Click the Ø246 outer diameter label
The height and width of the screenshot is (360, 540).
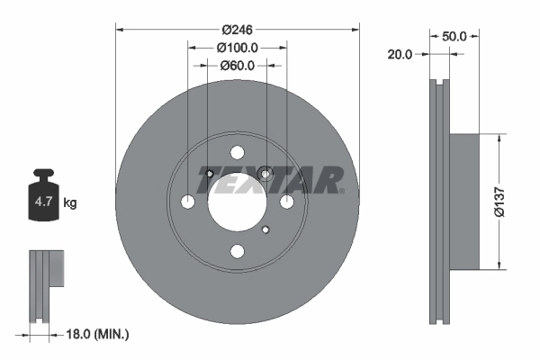pyautogui.click(x=238, y=16)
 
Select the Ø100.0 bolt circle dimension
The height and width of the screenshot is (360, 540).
pyautogui.click(x=238, y=47)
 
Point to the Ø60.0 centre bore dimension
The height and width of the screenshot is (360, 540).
pyautogui.click(x=238, y=65)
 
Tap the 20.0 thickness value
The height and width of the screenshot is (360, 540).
pyautogui.click(x=399, y=55)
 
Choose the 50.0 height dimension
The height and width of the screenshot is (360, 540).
pyautogui.click(x=454, y=37)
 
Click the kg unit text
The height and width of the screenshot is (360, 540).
pyautogui.click(x=70, y=203)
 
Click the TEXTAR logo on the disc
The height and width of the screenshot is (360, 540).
pyautogui.click(x=270, y=181)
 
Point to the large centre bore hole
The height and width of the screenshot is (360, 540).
pyautogui.click(x=237, y=202)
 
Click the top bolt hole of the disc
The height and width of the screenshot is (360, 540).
pyautogui.click(x=237, y=152)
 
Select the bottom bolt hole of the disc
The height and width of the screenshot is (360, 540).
pyautogui.click(x=237, y=251)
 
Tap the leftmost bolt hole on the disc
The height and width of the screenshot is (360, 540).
pyautogui.click(x=188, y=202)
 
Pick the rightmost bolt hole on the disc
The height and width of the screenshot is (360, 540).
pyautogui.click(x=286, y=202)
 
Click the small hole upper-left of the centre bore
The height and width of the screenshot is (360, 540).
pyautogui.click(x=208, y=174)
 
